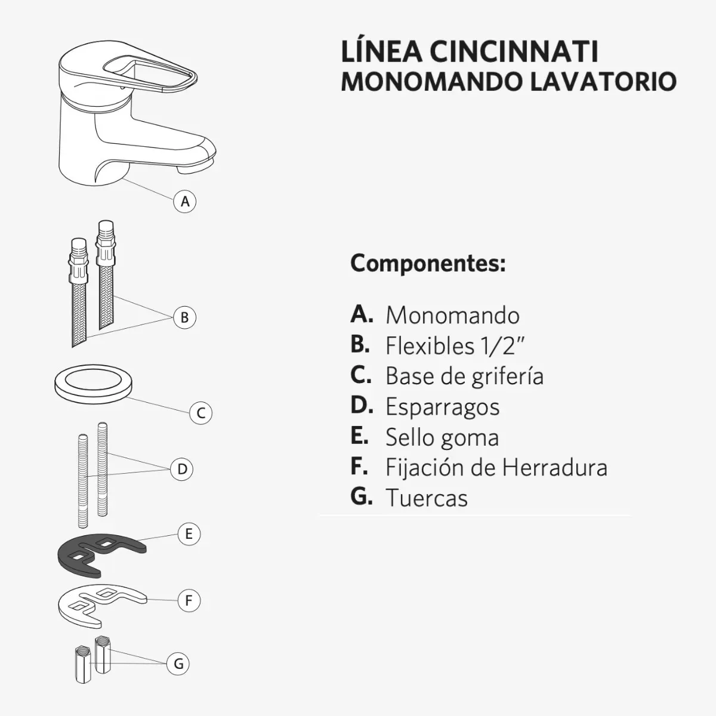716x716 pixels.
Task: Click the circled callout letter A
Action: pyautogui.click(x=185, y=202)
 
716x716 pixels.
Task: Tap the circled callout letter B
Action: pyautogui.click(x=184, y=317)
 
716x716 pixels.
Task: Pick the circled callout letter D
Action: pyautogui.click(x=183, y=469)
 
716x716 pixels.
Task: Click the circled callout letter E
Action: pyautogui.click(x=189, y=533)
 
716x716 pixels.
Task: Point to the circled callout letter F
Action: pyautogui.click(x=189, y=600)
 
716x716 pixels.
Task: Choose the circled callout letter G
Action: pyautogui.click(x=178, y=663)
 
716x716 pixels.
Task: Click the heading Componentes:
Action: pyautogui.click(x=428, y=263)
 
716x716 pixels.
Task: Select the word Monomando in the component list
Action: pyautogui.click(x=452, y=315)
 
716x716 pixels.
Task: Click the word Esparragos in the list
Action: pyautogui.click(x=442, y=407)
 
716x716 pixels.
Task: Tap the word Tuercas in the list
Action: pyautogui.click(x=426, y=498)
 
